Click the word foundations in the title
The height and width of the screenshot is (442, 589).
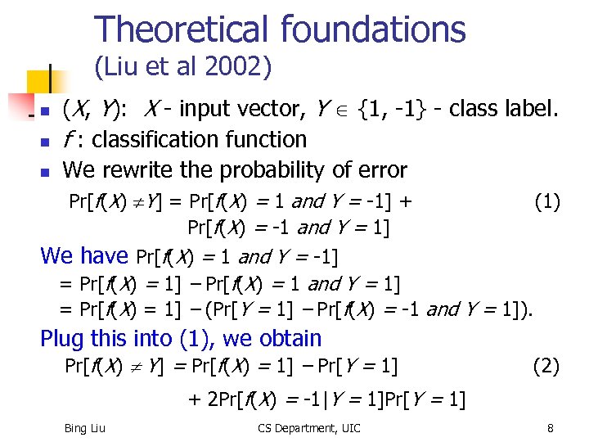372,29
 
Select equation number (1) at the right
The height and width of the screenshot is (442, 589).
546,201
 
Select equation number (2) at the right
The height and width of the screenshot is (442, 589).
546,366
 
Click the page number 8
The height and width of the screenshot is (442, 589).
551,427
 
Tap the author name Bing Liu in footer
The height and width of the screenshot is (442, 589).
85,427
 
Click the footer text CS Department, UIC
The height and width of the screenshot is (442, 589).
308,427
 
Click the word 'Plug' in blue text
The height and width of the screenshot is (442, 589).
62,338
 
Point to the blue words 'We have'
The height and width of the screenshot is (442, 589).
83,255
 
